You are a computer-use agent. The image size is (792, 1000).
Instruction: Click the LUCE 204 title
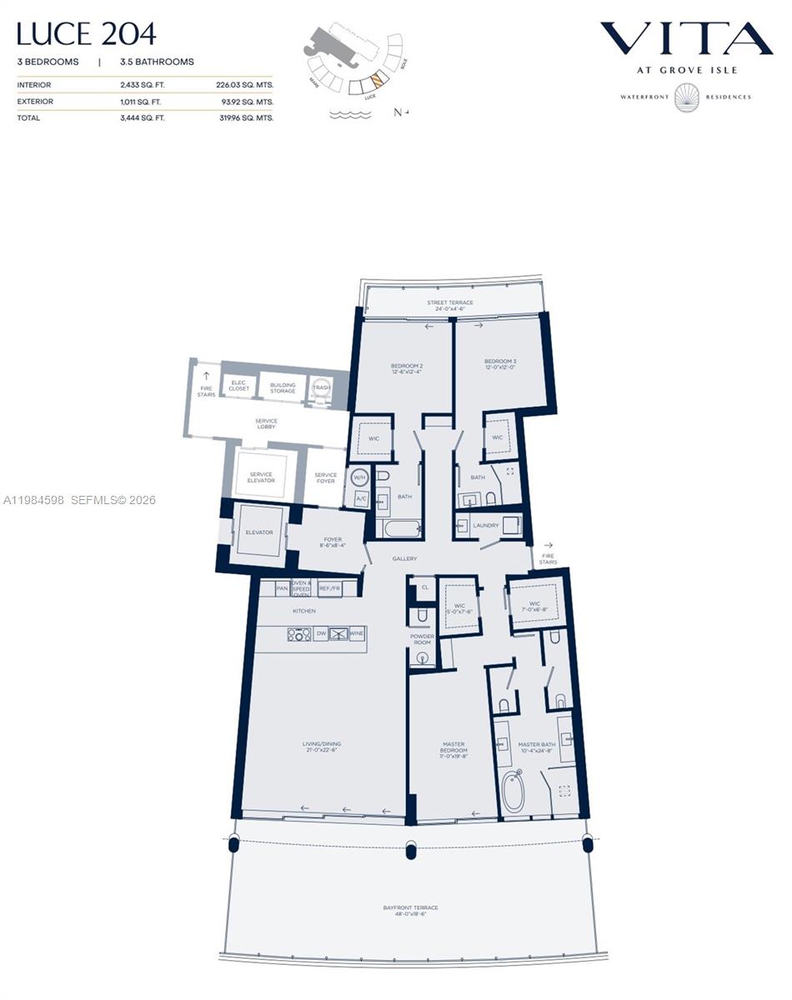pos(86,34)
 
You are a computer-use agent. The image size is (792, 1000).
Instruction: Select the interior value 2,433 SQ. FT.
pos(143,85)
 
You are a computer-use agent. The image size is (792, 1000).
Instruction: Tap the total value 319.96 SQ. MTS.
pos(244,118)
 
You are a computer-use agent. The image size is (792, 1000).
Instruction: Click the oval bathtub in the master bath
pos(513,791)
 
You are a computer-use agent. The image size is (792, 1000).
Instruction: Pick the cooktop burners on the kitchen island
pos(299,634)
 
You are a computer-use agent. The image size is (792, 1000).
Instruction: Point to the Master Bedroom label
pos(454,750)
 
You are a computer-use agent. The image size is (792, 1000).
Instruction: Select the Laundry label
pos(485,526)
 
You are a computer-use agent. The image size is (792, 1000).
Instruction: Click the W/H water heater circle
pos(359,477)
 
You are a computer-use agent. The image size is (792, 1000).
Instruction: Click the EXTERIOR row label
pos(35,102)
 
